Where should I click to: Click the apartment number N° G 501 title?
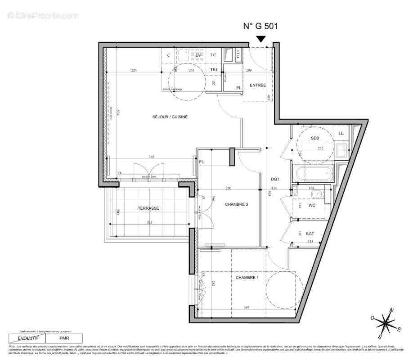tap(260, 26)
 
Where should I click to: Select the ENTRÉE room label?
tap(258, 85)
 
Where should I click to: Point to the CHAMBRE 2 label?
tap(237, 204)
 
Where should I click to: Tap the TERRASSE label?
tap(148, 208)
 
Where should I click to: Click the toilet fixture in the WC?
tap(318, 194)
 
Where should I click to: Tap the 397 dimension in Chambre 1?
tap(247, 308)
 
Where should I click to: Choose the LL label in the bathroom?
tap(341, 133)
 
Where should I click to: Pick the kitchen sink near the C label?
tap(183, 55)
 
